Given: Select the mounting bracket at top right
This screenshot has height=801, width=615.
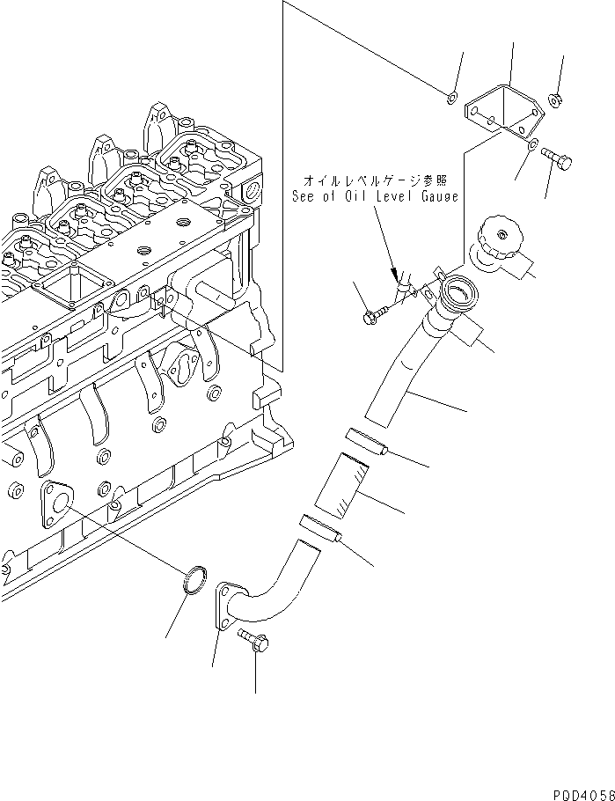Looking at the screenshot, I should point(500,113).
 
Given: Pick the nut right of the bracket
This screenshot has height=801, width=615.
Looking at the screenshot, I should point(556,99).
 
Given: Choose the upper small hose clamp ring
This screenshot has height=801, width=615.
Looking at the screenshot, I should point(363,441).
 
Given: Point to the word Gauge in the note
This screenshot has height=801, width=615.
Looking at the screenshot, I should point(438,197).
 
